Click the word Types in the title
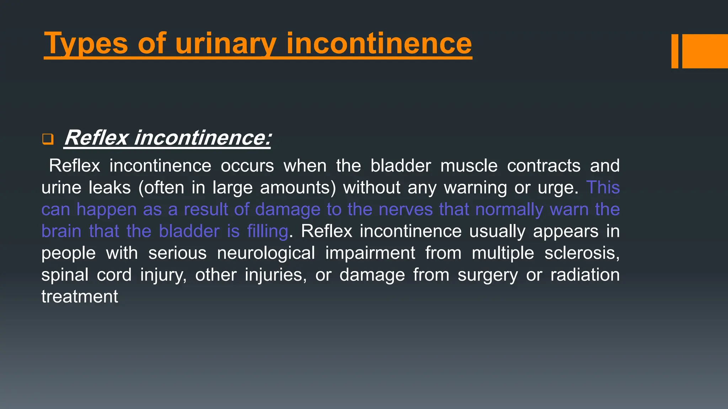86,44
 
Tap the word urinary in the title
225,44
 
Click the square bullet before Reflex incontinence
48,139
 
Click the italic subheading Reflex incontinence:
167,138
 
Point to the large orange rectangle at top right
705,51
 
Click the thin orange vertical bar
675,51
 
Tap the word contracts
544,166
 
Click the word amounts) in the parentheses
298,187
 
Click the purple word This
603,187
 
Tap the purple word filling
267,231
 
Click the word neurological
266,253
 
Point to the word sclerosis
582,253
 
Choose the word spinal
65,275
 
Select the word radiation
585,275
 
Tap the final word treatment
80,297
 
